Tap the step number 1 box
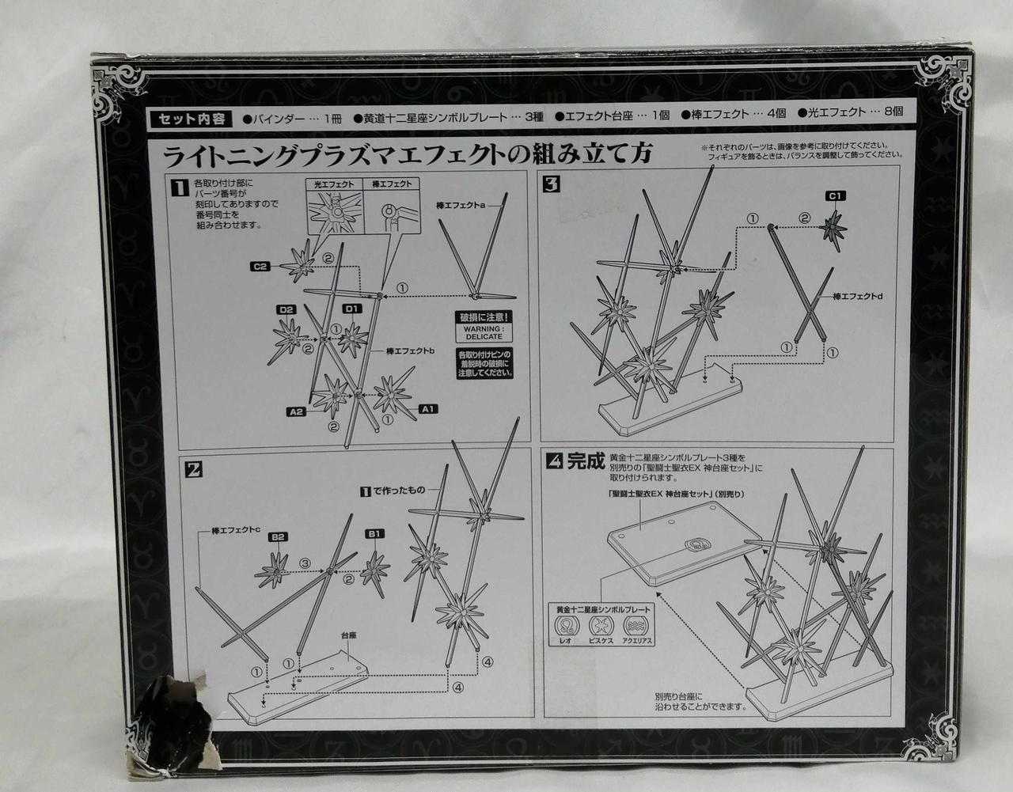[181, 187]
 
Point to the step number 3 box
[552, 187]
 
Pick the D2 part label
[286, 309]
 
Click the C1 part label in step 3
[836, 195]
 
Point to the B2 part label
[278, 537]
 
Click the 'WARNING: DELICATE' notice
[483, 331]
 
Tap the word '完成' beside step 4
[586, 460]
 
